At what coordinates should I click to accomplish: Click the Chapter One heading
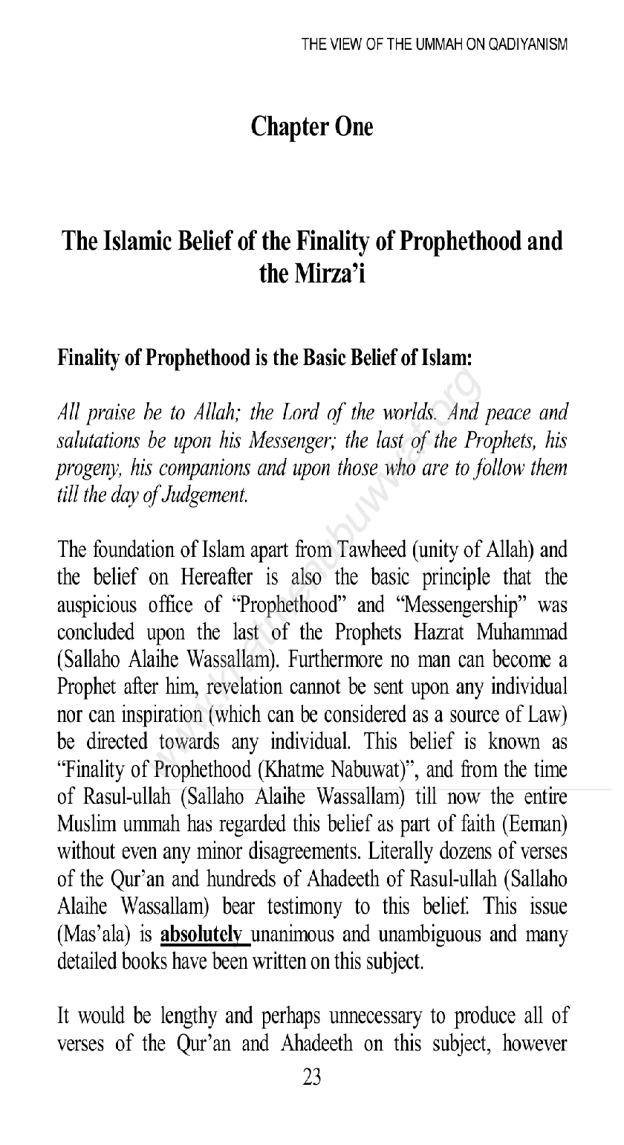click(x=312, y=127)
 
